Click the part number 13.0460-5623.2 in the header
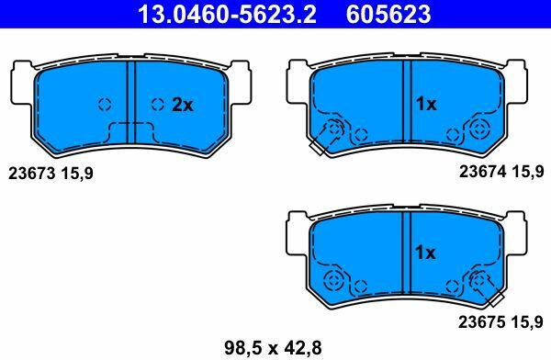228,14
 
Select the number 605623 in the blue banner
388,14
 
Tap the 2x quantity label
183,105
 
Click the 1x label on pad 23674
426,104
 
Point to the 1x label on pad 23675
425,253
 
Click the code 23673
32,174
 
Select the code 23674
483,172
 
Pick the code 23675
482,322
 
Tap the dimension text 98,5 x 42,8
273,348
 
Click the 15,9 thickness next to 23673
77,174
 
